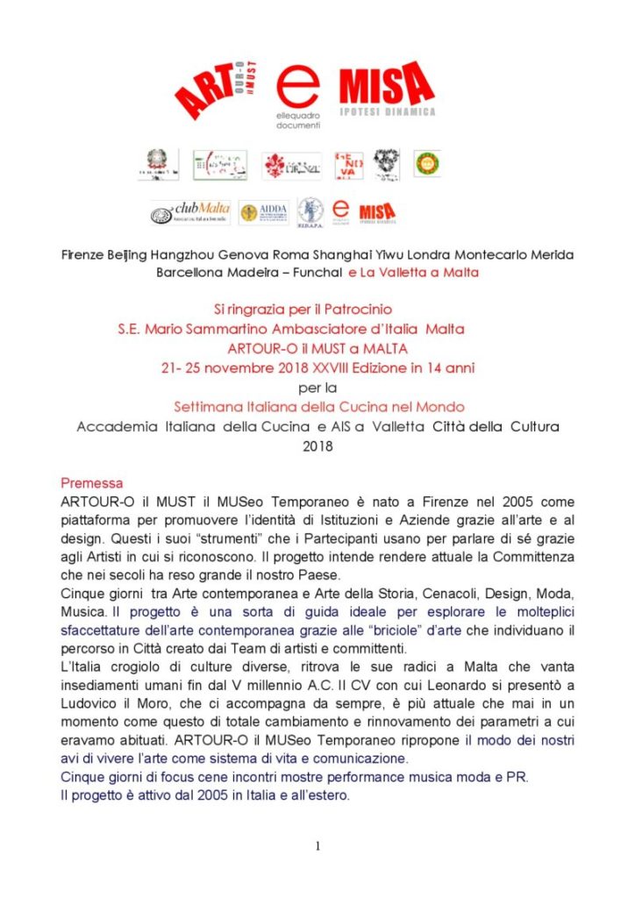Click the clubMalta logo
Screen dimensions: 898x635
click(190, 211)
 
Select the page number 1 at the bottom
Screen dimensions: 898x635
click(317, 845)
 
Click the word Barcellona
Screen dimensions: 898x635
click(189, 272)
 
